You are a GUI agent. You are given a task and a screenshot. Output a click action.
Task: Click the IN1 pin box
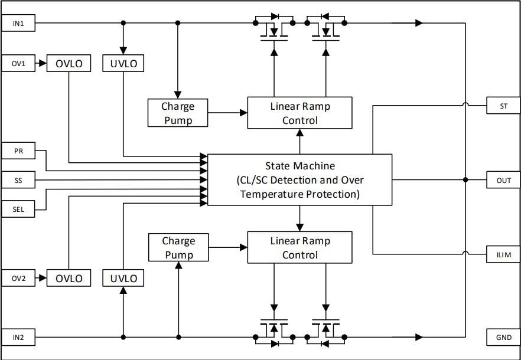18,24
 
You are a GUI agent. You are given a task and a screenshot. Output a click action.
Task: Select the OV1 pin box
18,63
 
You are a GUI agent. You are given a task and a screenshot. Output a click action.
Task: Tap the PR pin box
18,151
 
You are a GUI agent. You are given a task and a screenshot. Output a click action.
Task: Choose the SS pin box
18,180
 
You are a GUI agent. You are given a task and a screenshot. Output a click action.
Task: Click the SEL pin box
18,209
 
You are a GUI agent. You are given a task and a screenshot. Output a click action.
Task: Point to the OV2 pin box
18,278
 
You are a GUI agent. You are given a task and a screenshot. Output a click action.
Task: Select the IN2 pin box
18,338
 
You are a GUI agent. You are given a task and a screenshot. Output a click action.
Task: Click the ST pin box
503,106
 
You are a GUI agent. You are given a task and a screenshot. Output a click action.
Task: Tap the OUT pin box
503,180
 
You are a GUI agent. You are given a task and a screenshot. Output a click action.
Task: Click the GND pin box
503,338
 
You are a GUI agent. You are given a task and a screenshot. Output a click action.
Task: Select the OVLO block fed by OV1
69,63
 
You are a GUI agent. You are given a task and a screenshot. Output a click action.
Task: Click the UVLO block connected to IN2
123,278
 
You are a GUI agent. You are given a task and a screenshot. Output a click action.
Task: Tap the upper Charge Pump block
178,113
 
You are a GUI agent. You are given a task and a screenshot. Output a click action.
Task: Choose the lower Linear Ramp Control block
299,247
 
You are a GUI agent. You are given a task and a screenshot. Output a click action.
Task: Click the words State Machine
299,166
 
